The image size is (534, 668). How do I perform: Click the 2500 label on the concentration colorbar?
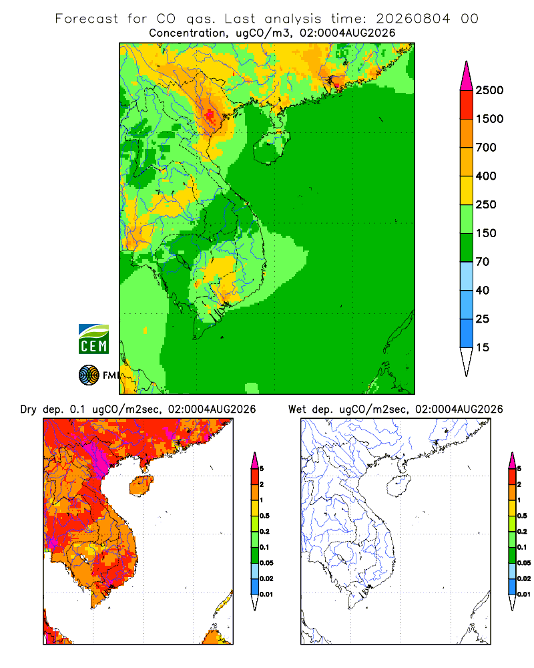click(x=489, y=90)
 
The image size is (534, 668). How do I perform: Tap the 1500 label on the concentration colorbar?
click(x=489, y=119)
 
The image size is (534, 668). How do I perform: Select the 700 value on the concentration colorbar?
click(x=486, y=148)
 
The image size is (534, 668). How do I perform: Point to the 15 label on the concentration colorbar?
click(x=483, y=347)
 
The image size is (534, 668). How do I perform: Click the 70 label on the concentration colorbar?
click(x=483, y=262)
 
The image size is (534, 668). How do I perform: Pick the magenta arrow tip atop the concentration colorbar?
click(x=467, y=75)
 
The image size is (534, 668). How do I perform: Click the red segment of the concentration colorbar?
click(x=467, y=105)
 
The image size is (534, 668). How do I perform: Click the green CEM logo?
click(x=93, y=339)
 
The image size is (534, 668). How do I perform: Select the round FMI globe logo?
click(x=89, y=375)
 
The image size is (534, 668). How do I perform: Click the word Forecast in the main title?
click(x=87, y=19)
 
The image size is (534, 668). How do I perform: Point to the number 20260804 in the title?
click(x=413, y=19)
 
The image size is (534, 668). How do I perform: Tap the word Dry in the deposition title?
click(x=28, y=409)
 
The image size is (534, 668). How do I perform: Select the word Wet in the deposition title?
click(x=296, y=409)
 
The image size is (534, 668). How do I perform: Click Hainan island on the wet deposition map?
click(x=399, y=486)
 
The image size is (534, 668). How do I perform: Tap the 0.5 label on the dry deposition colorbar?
click(x=264, y=516)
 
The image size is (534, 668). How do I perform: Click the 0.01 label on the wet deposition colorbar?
click(x=524, y=595)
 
